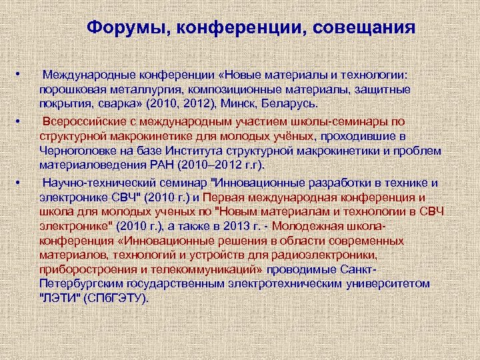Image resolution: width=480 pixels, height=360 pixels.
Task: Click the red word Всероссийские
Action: [81, 122]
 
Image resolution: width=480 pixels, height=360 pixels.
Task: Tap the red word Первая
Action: [228, 197]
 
